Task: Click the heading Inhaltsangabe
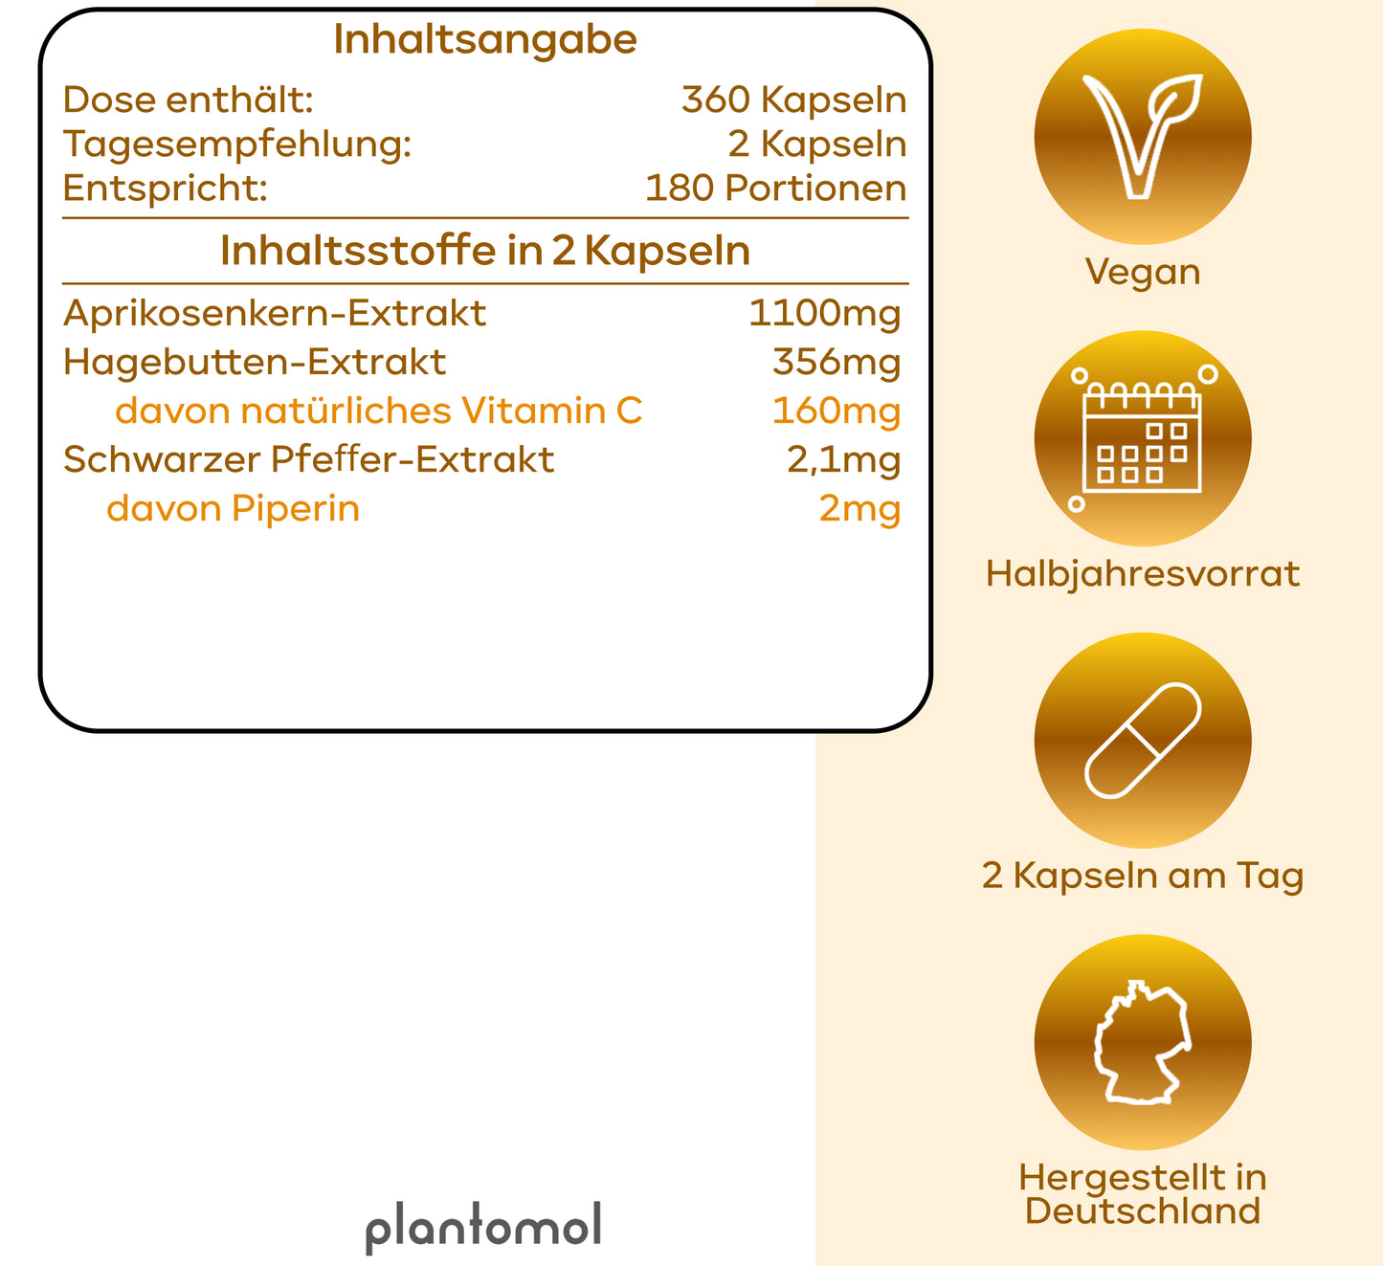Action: (485, 41)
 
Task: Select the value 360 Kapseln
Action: (793, 100)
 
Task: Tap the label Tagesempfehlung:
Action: (237, 145)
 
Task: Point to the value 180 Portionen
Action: (775, 189)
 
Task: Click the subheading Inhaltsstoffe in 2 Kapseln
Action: (485, 251)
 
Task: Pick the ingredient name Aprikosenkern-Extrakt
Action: (275, 314)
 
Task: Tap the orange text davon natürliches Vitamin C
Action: (378, 411)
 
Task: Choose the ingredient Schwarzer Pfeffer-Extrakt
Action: (309, 460)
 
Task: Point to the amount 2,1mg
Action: (844, 461)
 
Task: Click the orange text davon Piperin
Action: (233, 510)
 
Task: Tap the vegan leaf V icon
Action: (1143, 137)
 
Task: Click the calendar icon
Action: (1143, 438)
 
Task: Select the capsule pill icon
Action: (1143, 741)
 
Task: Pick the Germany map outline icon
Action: (1143, 1042)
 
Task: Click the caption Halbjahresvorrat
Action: (1143, 575)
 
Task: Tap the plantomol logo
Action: (483, 1228)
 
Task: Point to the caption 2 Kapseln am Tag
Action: (1143, 877)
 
